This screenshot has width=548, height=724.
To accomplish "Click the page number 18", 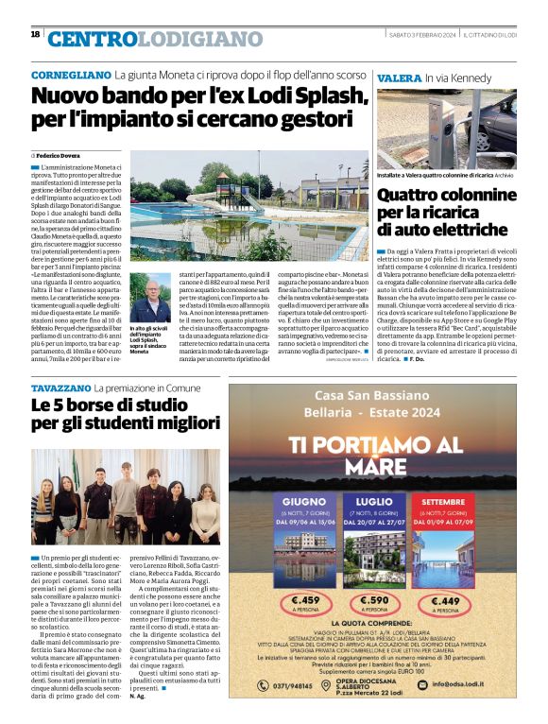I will [35, 35].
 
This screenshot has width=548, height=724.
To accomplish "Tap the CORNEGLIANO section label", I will [71, 75].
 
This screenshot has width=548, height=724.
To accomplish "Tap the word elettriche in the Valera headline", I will [440, 230].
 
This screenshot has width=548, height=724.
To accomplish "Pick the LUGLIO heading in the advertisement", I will [374, 502].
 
